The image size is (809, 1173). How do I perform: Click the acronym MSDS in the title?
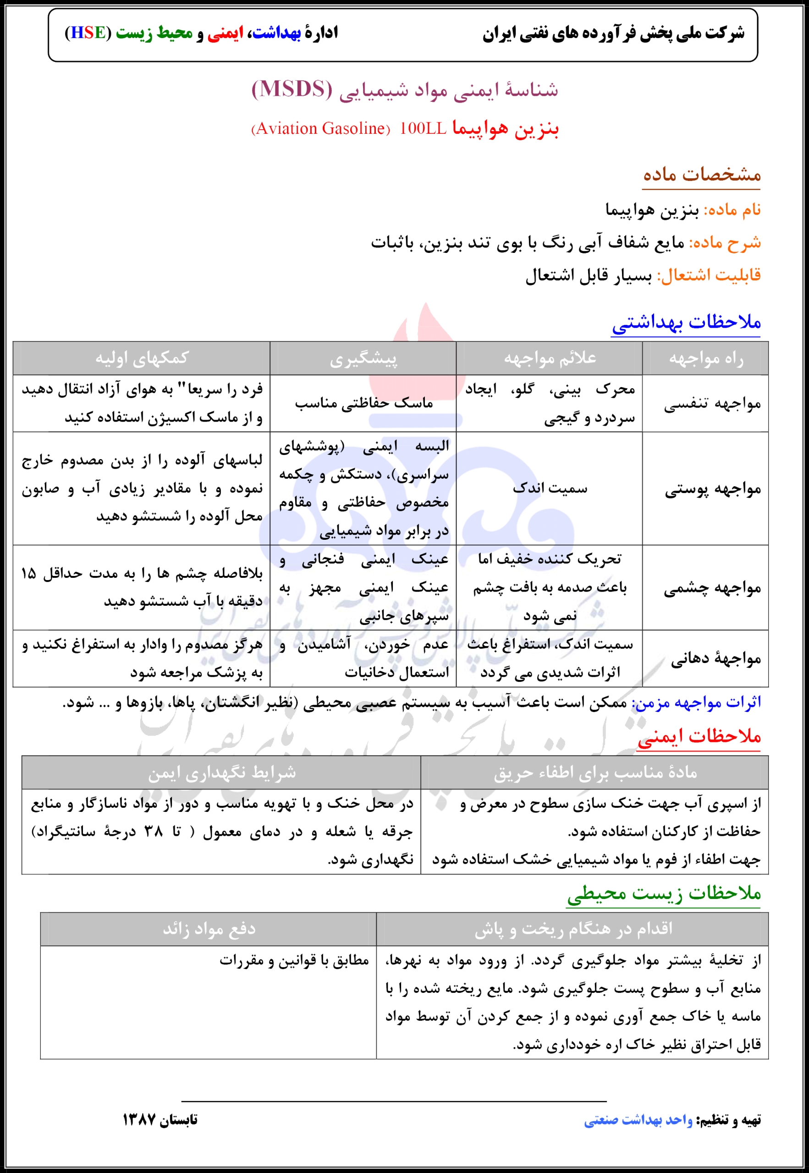pos(292,89)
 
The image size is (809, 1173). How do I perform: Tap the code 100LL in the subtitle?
pos(422,129)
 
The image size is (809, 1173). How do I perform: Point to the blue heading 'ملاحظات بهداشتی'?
pos(686,322)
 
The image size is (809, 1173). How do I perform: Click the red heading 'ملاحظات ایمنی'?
pos(699,736)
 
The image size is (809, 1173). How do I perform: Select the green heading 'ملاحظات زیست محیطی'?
pos(664,893)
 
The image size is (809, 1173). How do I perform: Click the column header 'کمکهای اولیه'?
pos(142,358)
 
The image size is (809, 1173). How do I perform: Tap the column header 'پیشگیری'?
pos(363,359)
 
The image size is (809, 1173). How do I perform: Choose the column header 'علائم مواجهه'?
pos(550,358)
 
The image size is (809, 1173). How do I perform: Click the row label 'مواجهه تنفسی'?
pos(712,404)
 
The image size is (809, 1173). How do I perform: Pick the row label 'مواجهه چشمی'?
pos(712,588)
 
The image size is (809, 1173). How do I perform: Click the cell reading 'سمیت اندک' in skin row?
pos(550,488)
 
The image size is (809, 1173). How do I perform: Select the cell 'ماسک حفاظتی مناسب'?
pos(363,403)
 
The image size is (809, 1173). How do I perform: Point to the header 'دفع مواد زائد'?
pos(209,929)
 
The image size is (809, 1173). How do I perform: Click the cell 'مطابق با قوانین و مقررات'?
pos(294,960)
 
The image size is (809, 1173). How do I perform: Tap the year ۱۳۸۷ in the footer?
pos(138,1120)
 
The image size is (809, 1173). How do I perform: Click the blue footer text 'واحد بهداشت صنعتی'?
pos(638,1120)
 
